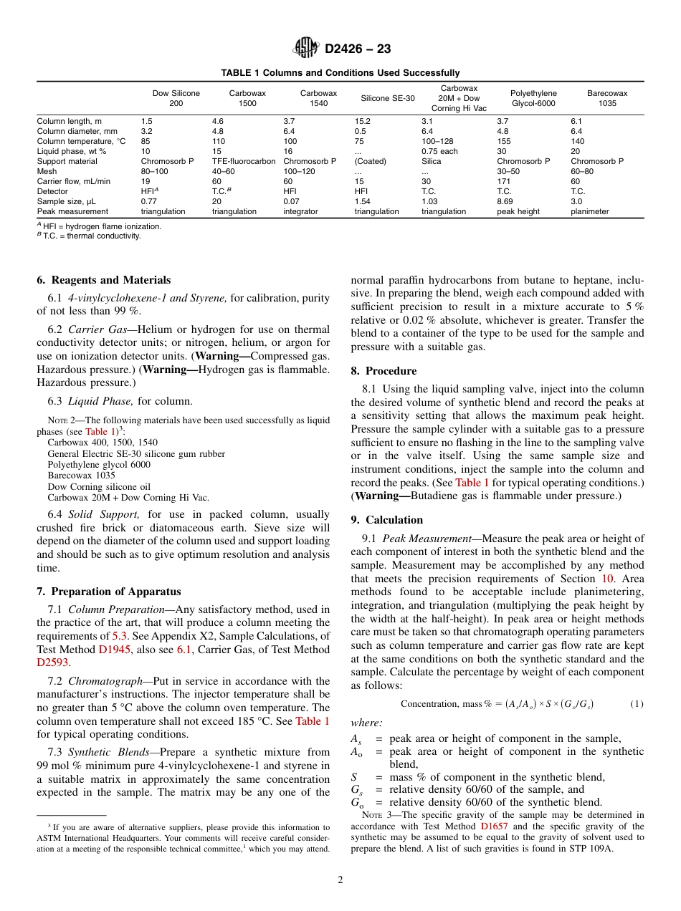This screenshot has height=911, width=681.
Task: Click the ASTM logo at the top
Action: coord(306,49)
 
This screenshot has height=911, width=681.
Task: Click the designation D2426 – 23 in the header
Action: coord(358,49)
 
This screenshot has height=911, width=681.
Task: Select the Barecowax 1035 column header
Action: coord(607,98)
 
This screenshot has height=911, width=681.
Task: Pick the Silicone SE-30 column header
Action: coord(387,98)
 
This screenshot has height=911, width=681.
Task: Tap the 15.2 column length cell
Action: coord(362,122)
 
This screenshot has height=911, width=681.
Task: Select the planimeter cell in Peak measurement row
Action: coord(589,212)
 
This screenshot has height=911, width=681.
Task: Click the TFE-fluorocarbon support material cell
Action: coord(244,162)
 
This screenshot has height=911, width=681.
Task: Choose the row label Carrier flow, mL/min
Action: coord(73,182)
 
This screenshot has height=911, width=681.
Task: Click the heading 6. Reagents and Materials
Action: coord(103,280)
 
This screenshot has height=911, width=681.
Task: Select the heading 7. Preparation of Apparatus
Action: coord(108,592)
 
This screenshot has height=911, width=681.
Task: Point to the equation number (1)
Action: coord(637,704)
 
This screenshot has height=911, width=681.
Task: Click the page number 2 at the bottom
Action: coord(340,880)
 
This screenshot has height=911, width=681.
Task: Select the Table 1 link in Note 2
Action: coord(100,432)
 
